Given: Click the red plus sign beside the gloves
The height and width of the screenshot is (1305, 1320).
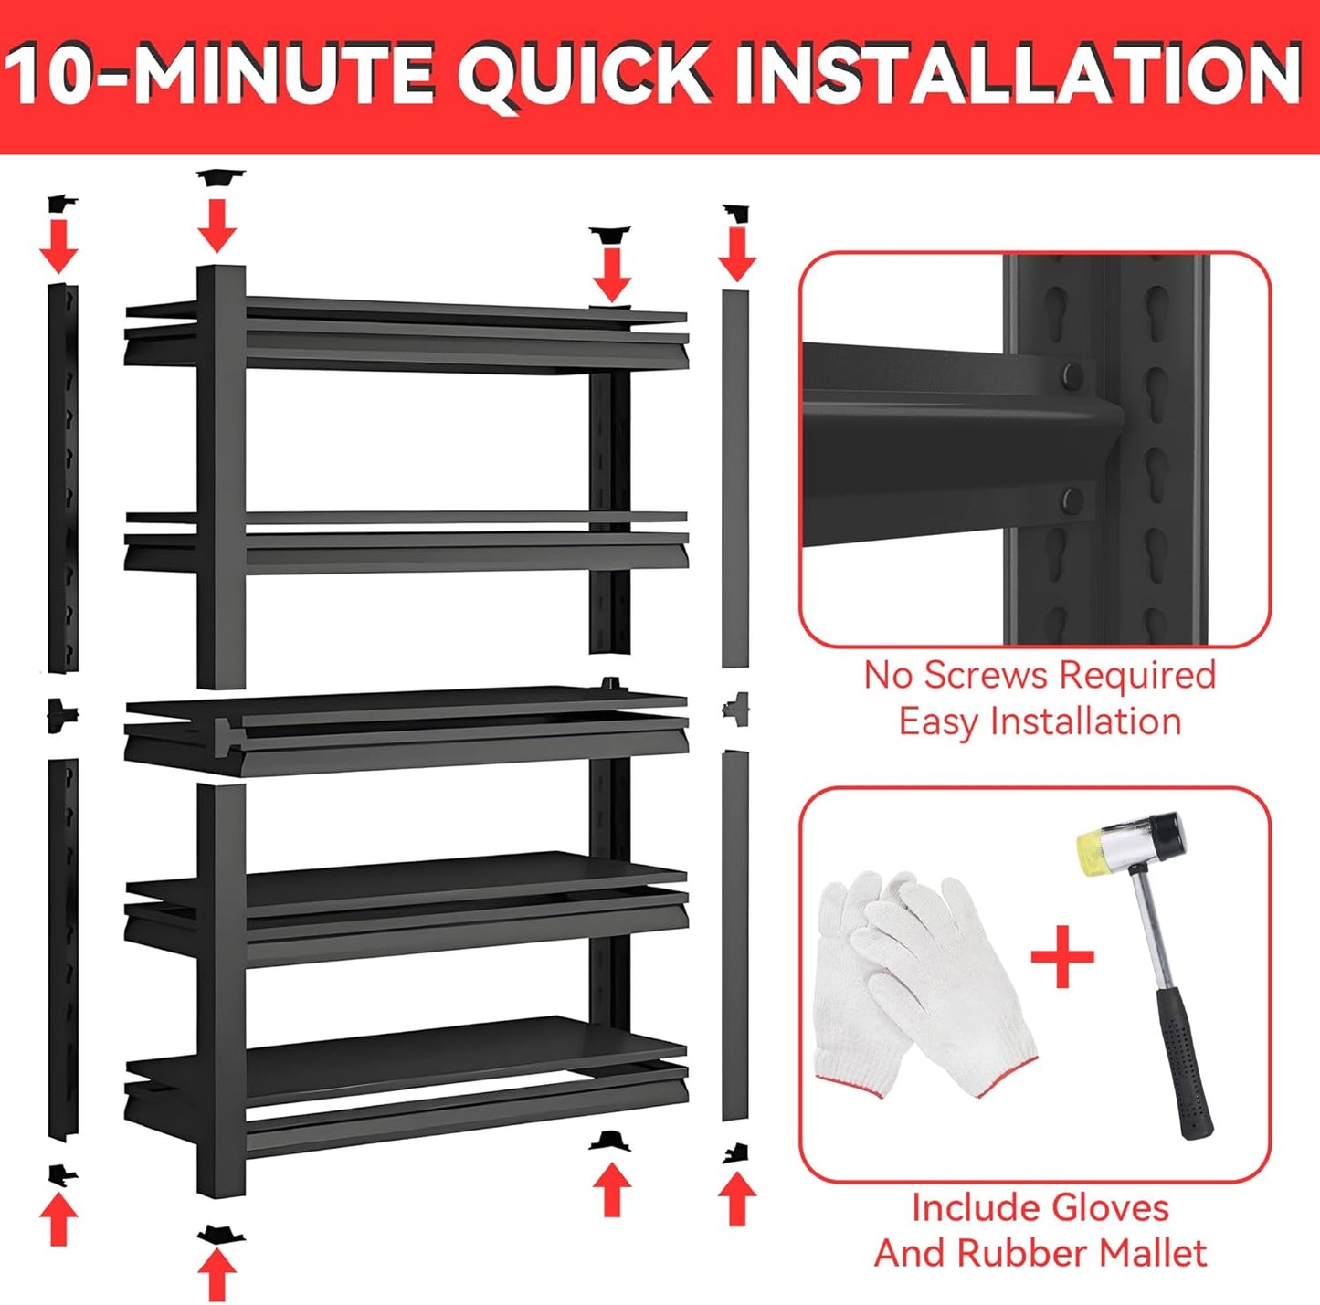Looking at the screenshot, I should tap(1061, 956).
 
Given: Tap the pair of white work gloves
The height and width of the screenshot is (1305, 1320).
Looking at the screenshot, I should tap(918, 982).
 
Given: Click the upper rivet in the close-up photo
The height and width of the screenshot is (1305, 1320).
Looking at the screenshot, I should tap(1072, 374).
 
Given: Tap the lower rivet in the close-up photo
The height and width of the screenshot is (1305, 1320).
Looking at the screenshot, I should tap(1072, 500).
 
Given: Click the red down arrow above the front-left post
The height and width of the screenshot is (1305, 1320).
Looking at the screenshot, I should tap(217, 225).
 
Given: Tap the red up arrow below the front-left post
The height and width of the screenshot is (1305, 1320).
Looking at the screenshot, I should tap(217, 1274).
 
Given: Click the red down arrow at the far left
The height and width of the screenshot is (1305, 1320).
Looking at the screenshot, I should tap(58, 245).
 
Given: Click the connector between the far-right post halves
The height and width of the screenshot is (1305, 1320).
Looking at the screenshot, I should tap(735, 708).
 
